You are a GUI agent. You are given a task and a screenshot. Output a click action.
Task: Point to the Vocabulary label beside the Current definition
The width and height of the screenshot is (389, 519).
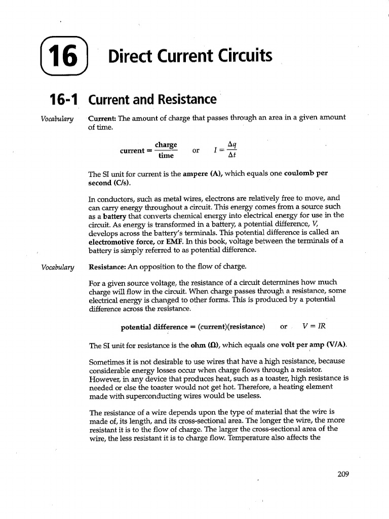57,119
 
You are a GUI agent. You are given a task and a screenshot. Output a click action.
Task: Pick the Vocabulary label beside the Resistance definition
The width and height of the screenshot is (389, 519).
57,267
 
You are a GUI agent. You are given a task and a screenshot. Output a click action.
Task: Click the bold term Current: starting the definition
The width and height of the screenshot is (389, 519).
103,118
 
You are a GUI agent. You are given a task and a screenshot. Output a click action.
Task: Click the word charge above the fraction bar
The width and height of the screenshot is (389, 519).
166,145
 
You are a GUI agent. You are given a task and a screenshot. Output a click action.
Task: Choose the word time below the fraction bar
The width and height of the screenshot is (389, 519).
166,156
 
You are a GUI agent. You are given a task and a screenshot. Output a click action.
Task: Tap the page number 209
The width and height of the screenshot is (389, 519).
343,474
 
